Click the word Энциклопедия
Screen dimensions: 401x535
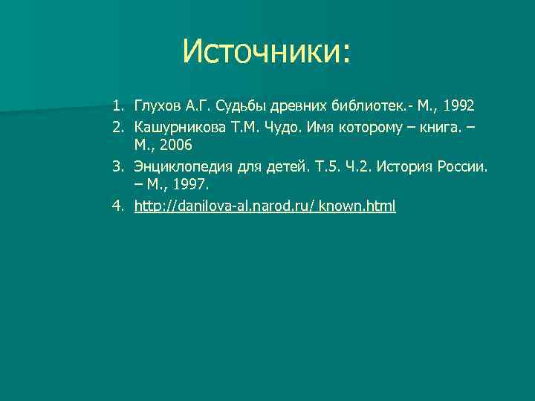point(184,167)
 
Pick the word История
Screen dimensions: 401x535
point(407,167)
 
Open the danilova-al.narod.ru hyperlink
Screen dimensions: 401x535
point(265,206)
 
